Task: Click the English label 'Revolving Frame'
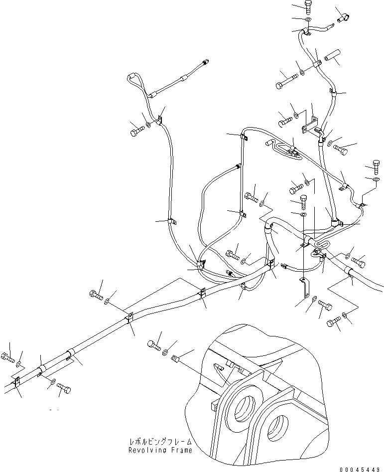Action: (160, 450)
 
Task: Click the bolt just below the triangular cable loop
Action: (136, 133)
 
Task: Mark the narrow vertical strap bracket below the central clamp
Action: (305, 288)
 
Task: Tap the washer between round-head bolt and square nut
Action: (166, 352)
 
